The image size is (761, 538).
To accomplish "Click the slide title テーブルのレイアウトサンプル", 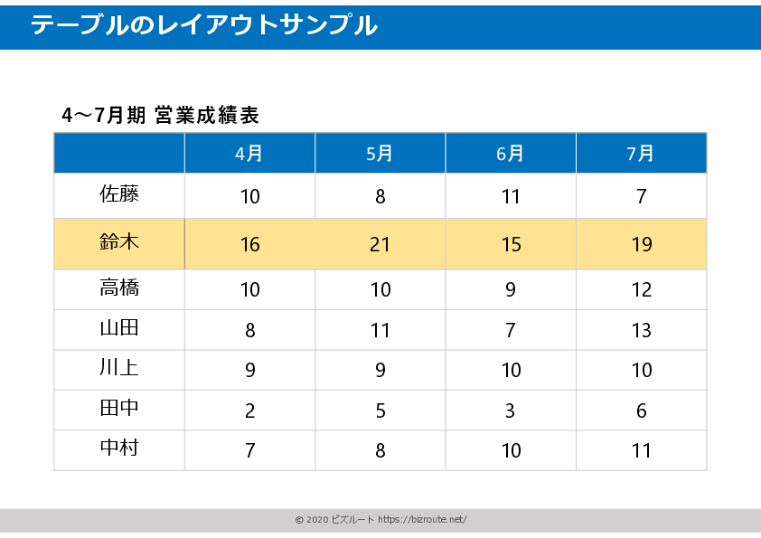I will (x=204, y=25).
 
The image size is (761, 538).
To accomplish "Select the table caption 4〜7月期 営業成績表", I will (x=161, y=116).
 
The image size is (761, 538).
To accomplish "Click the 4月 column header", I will (x=249, y=154).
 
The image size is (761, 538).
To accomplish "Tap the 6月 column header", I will (x=511, y=154).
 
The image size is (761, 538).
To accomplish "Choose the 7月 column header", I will (x=641, y=154).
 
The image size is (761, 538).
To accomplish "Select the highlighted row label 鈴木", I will (x=119, y=242).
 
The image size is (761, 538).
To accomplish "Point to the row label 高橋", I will (x=119, y=288).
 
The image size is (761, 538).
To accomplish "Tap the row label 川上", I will (x=119, y=369).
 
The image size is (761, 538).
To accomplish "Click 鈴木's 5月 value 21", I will (x=380, y=245).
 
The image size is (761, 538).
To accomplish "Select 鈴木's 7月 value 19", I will (x=641, y=245).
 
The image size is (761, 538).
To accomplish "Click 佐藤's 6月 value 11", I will (x=511, y=197).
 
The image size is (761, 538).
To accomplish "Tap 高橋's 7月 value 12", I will (x=641, y=290).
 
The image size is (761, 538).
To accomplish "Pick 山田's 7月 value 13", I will (x=641, y=331).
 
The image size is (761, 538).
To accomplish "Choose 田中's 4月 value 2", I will (x=250, y=411).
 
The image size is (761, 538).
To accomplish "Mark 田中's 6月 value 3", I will (x=511, y=411).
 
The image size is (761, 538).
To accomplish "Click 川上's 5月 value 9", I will (x=380, y=371).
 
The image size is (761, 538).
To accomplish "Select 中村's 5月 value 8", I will (x=380, y=450).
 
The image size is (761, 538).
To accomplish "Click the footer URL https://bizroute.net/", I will (x=422, y=520).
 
